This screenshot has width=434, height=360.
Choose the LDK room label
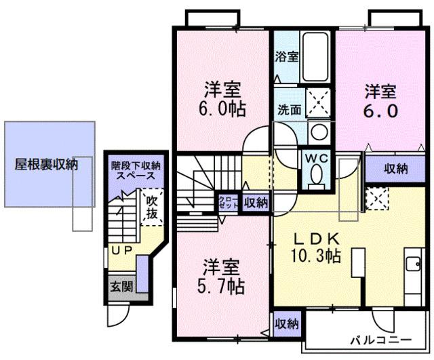click(x=311, y=238)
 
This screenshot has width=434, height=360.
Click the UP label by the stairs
click(x=121, y=250)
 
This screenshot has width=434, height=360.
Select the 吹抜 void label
click(x=151, y=207)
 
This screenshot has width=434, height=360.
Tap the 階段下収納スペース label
click(x=135, y=170)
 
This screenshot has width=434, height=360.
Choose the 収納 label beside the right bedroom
click(x=395, y=168)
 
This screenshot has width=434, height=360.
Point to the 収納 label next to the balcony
click(x=288, y=324)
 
